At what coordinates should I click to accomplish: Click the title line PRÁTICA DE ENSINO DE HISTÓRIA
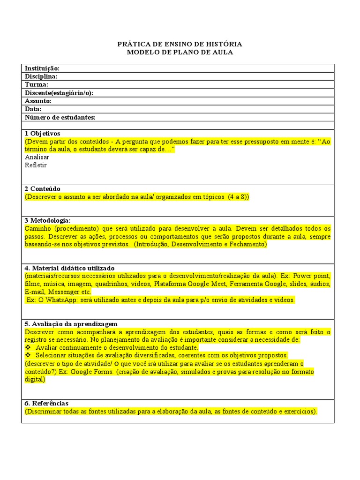(x=180, y=44)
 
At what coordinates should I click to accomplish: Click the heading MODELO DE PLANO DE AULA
(x=180, y=52)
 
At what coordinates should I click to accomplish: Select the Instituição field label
(x=42, y=68)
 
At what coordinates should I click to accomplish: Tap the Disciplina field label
(x=41, y=76)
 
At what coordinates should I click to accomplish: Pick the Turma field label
(x=37, y=85)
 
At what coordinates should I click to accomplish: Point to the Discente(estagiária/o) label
(x=59, y=93)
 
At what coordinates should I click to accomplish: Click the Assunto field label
(x=38, y=101)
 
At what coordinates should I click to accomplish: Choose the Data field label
(x=33, y=109)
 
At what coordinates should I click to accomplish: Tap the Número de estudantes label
(x=60, y=117)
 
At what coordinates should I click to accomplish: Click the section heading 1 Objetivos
(x=43, y=134)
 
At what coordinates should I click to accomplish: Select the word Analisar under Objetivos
(x=37, y=157)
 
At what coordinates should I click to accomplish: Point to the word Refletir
(x=36, y=165)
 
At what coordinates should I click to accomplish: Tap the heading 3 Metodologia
(x=48, y=220)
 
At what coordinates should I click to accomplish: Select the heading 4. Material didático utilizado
(x=69, y=268)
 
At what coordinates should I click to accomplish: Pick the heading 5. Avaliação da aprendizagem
(x=71, y=324)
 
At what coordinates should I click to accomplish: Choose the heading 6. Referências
(x=46, y=403)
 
